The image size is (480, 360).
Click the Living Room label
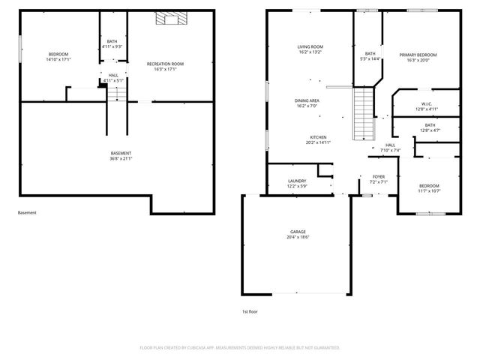(x=309, y=47)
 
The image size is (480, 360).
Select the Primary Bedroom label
(x=418, y=55)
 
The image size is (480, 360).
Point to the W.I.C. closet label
(x=425, y=104)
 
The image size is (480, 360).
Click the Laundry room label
(x=297, y=181)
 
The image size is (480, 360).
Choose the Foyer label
(x=379, y=177)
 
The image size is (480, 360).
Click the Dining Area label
(x=307, y=100)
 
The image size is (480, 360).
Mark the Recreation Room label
(x=165, y=64)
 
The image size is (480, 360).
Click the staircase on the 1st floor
(x=364, y=112)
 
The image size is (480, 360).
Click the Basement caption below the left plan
(x=27, y=212)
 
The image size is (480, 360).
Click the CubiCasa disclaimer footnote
(x=240, y=348)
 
